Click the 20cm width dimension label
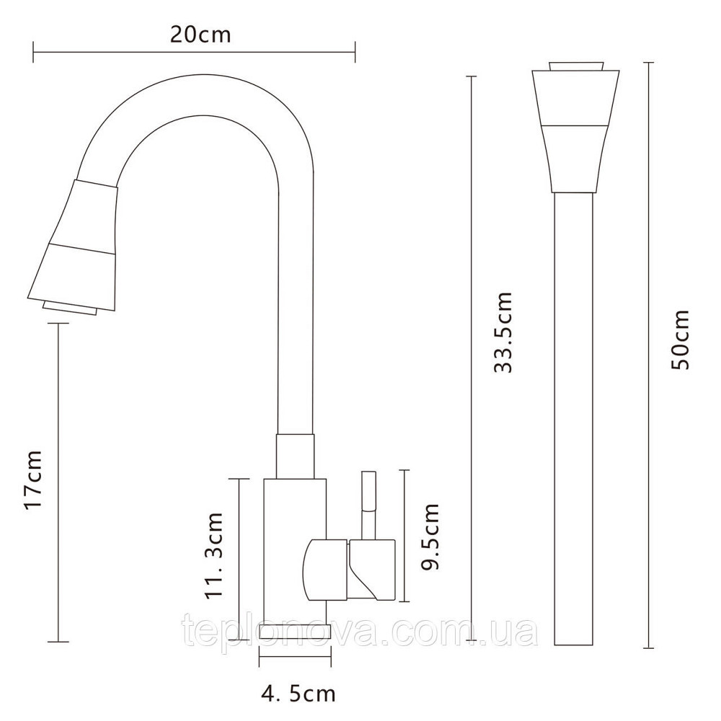(x=200, y=35)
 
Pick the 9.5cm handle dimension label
(x=430, y=536)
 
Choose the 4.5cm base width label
(x=298, y=694)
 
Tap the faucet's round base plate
(x=295, y=632)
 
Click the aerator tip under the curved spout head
(x=69, y=308)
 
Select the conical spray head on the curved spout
(x=73, y=244)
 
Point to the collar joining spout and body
(x=295, y=456)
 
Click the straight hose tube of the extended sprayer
(x=574, y=418)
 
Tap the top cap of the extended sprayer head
(x=575, y=66)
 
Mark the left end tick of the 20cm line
(x=34, y=52)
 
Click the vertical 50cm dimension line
(x=648, y=355)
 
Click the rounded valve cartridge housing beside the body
(x=324, y=570)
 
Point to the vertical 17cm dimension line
(x=58, y=482)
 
